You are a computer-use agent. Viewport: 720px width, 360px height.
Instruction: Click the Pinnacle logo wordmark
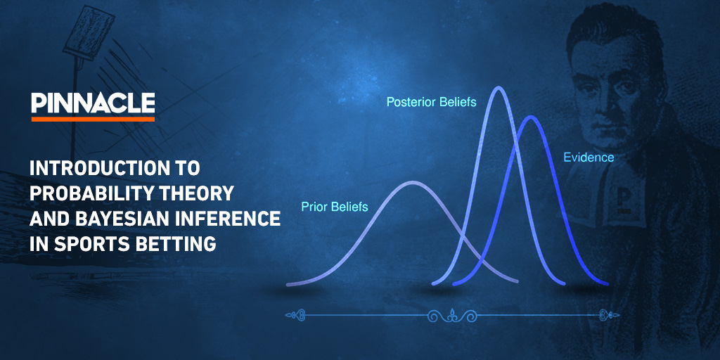pyautogui.click(x=93, y=103)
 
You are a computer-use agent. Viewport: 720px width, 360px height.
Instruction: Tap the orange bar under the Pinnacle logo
pyautogui.click(x=93, y=119)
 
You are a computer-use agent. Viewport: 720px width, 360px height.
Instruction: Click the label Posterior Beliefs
pyautogui.click(x=431, y=103)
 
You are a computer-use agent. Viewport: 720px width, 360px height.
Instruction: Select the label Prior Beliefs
pyautogui.click(x=335, y=207)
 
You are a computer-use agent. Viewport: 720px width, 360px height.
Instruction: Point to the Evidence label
pyautogui.click(x=589, y=157)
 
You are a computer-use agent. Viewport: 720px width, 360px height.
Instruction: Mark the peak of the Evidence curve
pyautogui.click(x=531, y=117)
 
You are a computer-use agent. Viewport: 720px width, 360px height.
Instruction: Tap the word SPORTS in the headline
pyautogui.click(x=89, y=244)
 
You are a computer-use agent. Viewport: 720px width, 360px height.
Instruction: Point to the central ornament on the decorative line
pyautogui.click(x=453, y=316)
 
